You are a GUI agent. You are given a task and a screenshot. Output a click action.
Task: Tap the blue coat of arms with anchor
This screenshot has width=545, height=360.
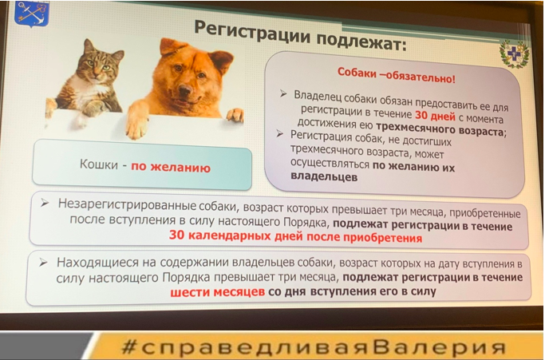(32, 14)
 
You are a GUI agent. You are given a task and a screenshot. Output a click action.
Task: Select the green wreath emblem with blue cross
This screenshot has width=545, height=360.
(515, 54)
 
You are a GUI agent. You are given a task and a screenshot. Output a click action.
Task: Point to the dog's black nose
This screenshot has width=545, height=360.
(185, 90)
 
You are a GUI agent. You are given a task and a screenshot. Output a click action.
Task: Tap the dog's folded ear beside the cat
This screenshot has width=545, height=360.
(170, 46)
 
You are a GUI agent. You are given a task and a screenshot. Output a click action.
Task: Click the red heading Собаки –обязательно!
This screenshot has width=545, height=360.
(397, 76)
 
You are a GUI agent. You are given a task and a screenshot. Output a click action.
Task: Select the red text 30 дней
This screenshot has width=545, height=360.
(435, 115)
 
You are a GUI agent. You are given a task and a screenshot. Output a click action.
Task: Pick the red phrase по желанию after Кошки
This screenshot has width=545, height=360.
(171, 167)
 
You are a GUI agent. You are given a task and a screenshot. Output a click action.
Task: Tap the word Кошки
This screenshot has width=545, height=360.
(99, 164)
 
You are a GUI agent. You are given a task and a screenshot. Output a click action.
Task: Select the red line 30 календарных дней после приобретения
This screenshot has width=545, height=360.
(295, 237)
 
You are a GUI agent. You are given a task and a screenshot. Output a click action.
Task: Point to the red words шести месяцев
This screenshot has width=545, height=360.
(218, 291)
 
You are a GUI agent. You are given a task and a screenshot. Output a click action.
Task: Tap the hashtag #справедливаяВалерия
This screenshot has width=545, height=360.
(313, 347)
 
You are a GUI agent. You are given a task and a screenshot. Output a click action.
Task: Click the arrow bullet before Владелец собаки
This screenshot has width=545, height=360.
(283, 93)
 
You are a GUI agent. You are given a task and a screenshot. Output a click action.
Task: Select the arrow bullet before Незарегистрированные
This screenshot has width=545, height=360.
(45, 203)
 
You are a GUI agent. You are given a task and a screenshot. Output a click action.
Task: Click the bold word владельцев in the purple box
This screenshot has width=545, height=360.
(324, 177)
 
